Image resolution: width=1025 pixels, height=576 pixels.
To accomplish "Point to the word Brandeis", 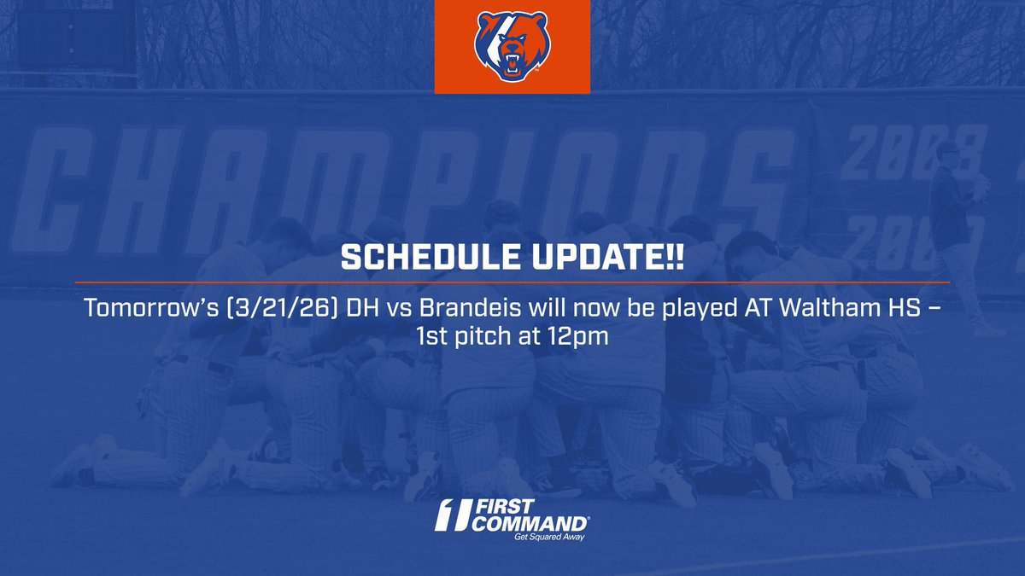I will click(x=465, y=307).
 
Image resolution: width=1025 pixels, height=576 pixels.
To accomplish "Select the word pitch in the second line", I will click(x=493, y=336).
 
